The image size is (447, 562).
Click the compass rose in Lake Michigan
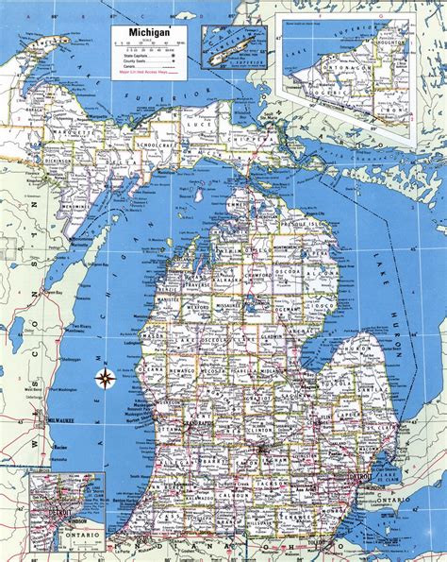coord(105,380)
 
